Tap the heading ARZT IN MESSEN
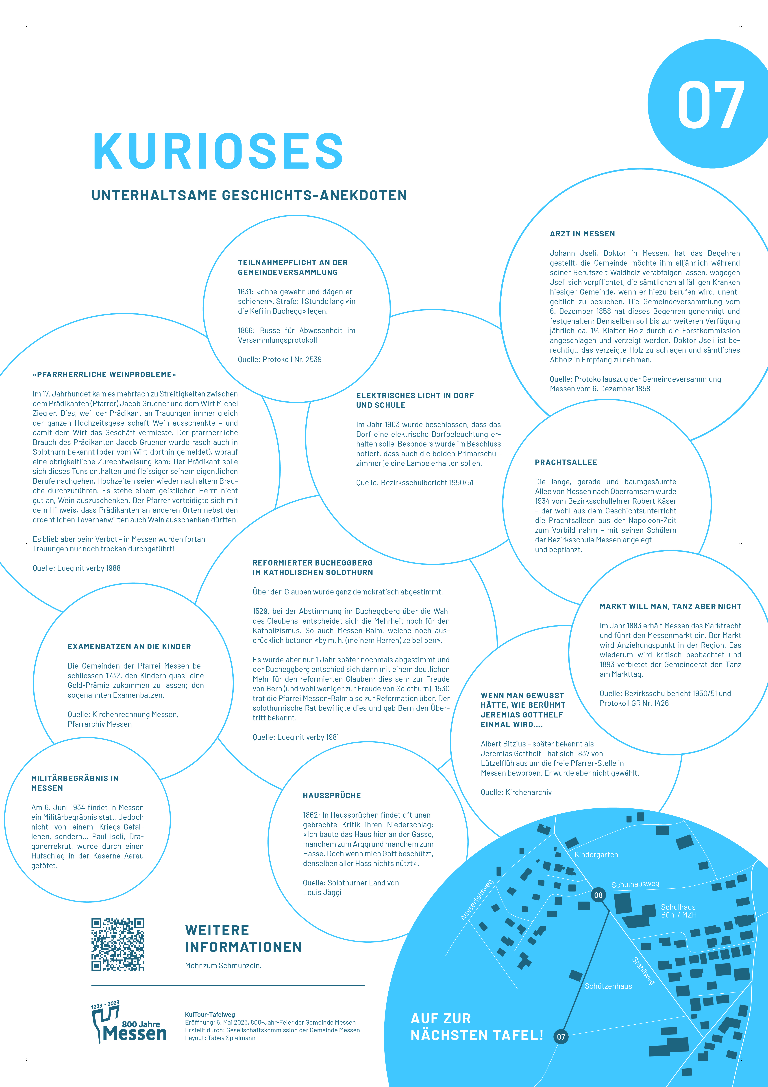point(582,234)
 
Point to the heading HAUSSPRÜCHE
point(332,795)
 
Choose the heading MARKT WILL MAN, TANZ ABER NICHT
point(670,606)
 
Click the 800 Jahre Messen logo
point(129,1024)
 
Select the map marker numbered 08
point(598,895)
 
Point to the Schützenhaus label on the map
point(608,986)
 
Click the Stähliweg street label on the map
point(644,970)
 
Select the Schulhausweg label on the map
point(635,884)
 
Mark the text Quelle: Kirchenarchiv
point(516,792)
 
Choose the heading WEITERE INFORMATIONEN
point(243,938)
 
